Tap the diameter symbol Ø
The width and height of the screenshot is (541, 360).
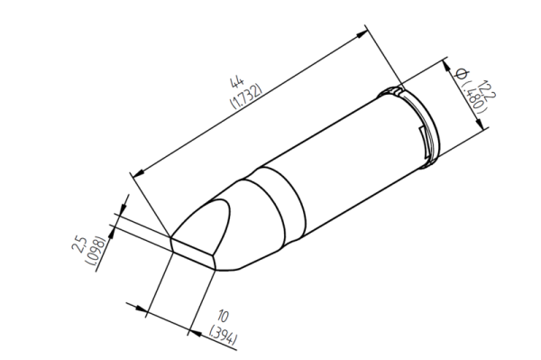click(460, 72)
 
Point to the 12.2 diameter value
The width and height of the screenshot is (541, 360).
click(488, 89)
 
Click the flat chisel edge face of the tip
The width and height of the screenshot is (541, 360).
click(194, 250)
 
